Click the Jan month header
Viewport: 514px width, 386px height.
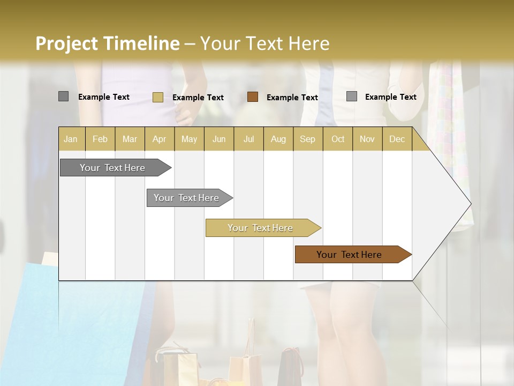click(x=71, y=139)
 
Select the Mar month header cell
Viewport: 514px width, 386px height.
click(x=130, y=139)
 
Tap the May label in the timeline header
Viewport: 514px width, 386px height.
click(x=189, y=139)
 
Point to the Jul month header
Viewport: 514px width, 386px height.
click(x=248, y=139)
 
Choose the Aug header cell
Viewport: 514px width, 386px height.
click(x=278, y=139)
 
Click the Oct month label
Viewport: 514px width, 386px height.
click(x=337, y=139)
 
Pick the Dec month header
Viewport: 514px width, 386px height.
click(x=397, y=139)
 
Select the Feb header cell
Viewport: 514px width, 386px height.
click(x=100, y=139)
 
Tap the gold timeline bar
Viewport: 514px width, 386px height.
click(x=261, y=228)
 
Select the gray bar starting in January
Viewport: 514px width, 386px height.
click(x=113, y=168)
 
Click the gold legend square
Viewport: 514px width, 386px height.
click(x=157, y=97)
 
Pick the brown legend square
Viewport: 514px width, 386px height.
click(x=253, y=97)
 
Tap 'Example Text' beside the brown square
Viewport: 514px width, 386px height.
click(x=292, y=98)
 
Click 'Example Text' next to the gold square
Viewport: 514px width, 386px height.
click(x=198, y=98)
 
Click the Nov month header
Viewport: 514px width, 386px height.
click(x=367, y=139)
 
